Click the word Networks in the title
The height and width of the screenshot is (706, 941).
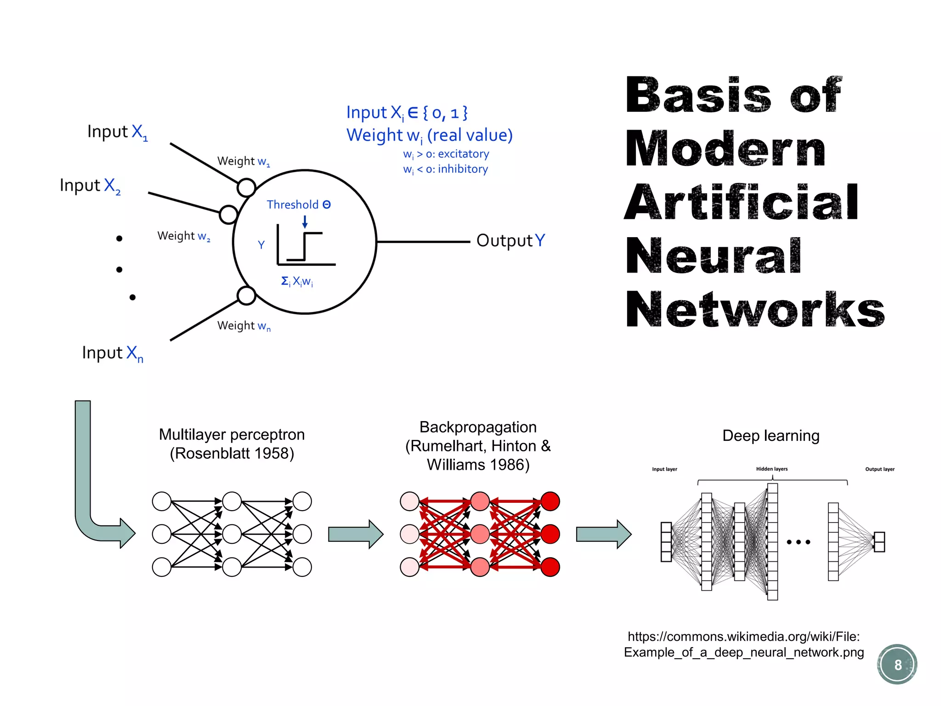[x=754, y=310]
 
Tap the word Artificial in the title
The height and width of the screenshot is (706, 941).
[x=741, y=202]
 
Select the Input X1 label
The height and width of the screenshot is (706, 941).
[x=118, y=132]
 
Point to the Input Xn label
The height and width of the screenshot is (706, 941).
[x=113, y=353]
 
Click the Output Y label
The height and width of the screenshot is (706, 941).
[x=510, y=240]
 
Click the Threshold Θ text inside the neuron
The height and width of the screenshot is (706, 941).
[x=299, y=205]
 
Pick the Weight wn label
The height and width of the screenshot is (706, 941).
[x=244, y=326]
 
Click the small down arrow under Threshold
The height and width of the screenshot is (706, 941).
[x=305, y=222]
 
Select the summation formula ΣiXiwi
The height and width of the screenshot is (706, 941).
[x=297, y=281]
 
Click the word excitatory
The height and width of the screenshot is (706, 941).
[x=463, y=154]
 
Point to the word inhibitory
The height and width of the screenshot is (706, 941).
[x=463, y=169]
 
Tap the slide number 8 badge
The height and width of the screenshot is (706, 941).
[x=897, y=665]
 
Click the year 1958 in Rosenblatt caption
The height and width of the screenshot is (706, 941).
[x=274, y=454]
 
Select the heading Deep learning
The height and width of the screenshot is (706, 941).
[x=771, y=435]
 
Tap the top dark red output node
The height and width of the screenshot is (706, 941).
[x=550, y=501]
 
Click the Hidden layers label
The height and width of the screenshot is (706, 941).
[x=771, y=469]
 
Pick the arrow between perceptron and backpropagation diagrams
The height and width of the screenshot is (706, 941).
[x=355, y=534]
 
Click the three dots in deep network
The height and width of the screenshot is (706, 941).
[x=798, y=542]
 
